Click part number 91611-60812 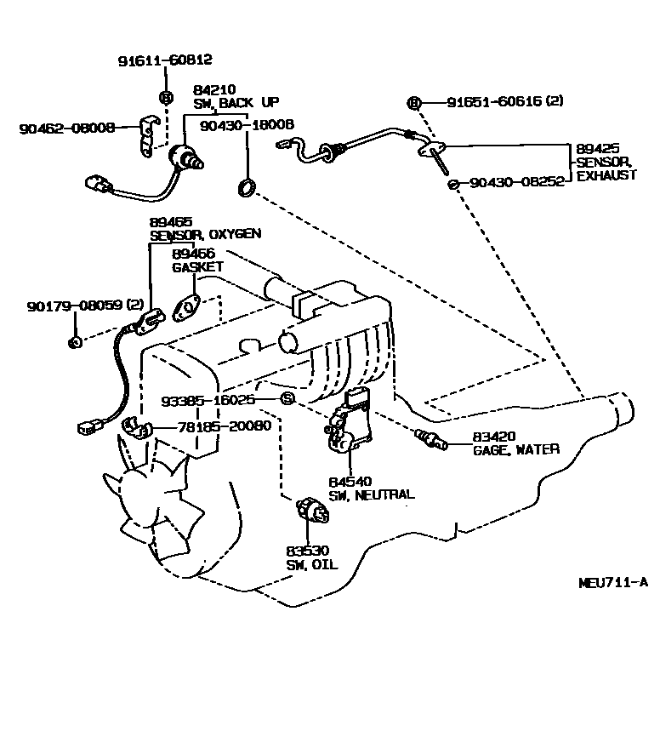pos(164,60)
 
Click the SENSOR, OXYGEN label pos(205,234)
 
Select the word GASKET pos(197,266)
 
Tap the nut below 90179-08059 pos(75,342)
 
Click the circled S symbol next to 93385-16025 pos(287,398)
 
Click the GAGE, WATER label pos(516,449)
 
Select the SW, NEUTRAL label pos(372,494)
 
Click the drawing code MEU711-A pos(612,582)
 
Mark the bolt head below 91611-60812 pos(166,96)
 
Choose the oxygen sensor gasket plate pos(186,308)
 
